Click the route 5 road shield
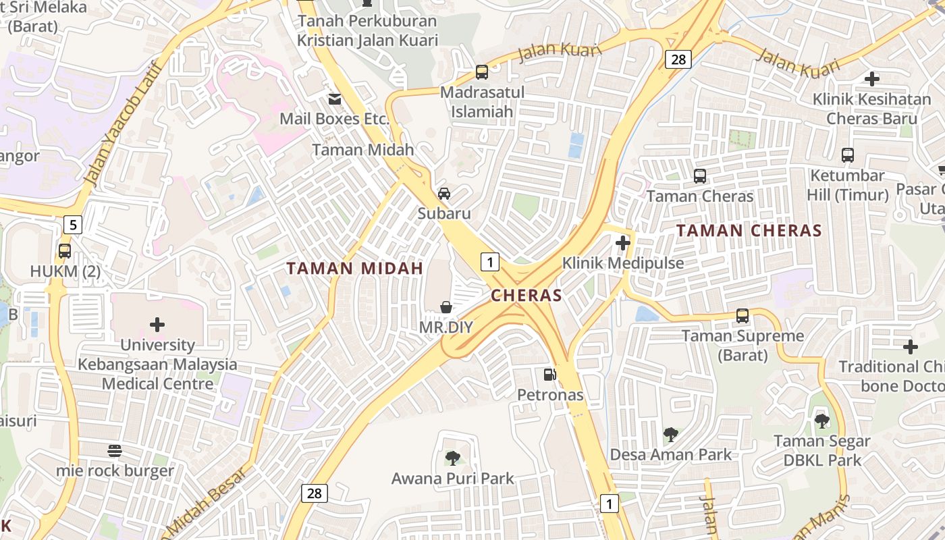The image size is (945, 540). [x=73, y=224]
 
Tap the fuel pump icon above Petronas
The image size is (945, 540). [x=550, y=374]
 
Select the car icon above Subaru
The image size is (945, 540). [x=444, y=193]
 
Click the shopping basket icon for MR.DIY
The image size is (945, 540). [x=446, y=307]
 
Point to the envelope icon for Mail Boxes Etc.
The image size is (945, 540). [x=334, y=99]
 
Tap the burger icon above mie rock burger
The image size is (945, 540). [x=115, y=450]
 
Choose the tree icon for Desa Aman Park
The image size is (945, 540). [x=670, y=434]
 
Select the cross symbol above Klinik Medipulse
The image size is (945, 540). [x=623, y=242]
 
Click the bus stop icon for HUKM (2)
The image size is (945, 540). [x=65, y=251]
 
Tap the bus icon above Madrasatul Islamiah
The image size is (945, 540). [x=482, y=72]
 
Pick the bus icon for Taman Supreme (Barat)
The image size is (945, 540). [x=742, y=315]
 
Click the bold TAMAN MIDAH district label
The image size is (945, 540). [x=354, y=268]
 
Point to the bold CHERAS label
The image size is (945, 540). [x=526, y=295]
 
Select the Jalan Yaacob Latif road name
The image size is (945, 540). [x=122, y=125]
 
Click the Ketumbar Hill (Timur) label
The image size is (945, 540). [x=848, y=185]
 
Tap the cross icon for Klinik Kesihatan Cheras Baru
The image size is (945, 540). [x=872, y=79]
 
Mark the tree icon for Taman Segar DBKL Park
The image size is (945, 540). [x=821, y=421]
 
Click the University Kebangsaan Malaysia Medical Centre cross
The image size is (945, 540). [x=157, y=325]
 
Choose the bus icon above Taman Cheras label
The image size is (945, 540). [x=700, y=176]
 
